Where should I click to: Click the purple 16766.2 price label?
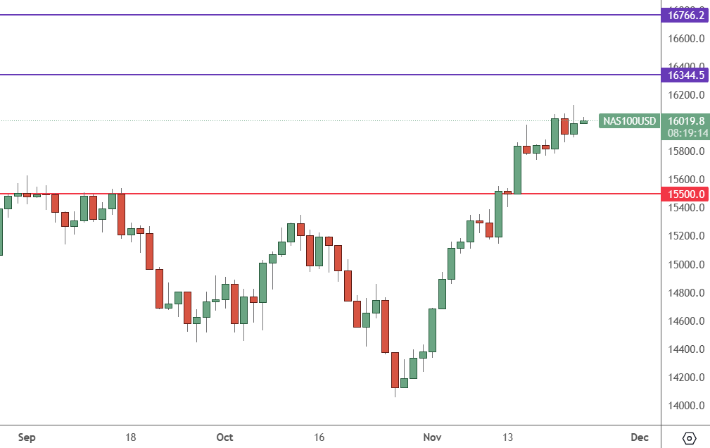pyautogui.click(x=685, y=15)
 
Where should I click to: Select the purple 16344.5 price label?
pyautogui.click(x=685, y=75)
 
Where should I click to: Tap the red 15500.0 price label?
pyautogui.click(x=685, y=194)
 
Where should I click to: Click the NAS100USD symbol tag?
pyautogui.click(x=629, y=121)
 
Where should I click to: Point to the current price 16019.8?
pyautogui.click(x=686, y=121)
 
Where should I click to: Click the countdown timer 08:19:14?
pyautogui.click(x=686, y=132)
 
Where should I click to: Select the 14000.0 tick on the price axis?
pyautogui.click(x=686, y=406)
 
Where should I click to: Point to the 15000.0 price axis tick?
pyautogui.click(x=686, y=265)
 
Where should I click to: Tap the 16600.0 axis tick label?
pyautogui.click(x=686, y=39)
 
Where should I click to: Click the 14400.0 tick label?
pyautogui.click(x=686, y=349)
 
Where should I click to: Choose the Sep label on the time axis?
pyautogui.click(x=26, y=437)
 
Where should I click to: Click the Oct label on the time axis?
pyautogui.click(x=224, y=437)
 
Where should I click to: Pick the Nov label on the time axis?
pyautogui.click(x=432, y=437)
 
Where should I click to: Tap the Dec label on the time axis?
pyautogui.click(x=639, y=437)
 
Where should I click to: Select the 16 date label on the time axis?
pyautogui.click(x=319, y=437)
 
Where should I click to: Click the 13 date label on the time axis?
pyautogui.click(x=507, y=437)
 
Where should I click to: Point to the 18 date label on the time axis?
pyautogui.click(x=130, y=437)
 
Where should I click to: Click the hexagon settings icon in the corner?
pyautogui.click(x=689, y=438)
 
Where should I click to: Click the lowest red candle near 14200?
pyautogui.click(x=395, y=370)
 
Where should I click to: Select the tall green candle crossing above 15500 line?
pyautogui.click(x=517, y=169)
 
